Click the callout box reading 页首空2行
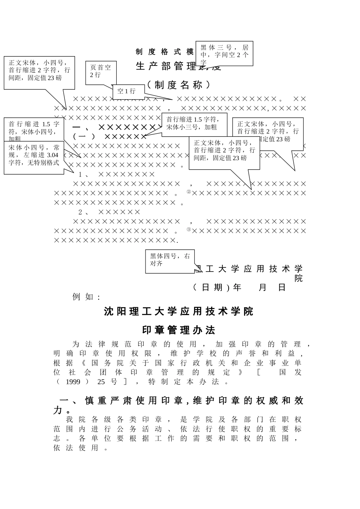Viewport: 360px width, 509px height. (x=101, y=71)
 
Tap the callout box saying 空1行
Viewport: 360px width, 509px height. (x=128, y=91)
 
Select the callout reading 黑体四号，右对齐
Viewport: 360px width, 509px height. (x=170, y=260)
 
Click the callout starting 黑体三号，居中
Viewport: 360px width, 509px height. (x=224, y=53)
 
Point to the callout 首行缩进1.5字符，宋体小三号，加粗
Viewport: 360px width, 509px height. (x=194, y=123)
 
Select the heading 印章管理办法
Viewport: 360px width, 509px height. (x=178, y=330)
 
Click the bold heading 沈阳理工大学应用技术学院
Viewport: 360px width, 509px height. (x=178, y=312)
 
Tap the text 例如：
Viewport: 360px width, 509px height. (x=87, y=297)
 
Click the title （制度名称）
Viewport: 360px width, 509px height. (x=178, y=85)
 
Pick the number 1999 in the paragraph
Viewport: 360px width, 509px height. (x=73, y=382)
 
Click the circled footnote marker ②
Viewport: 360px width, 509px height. (x=189, y=192)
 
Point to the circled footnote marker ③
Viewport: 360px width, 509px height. (x=189, y=229)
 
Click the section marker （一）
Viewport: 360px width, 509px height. (x=84, y=136)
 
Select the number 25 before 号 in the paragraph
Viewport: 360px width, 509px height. (x=101, y=382)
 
